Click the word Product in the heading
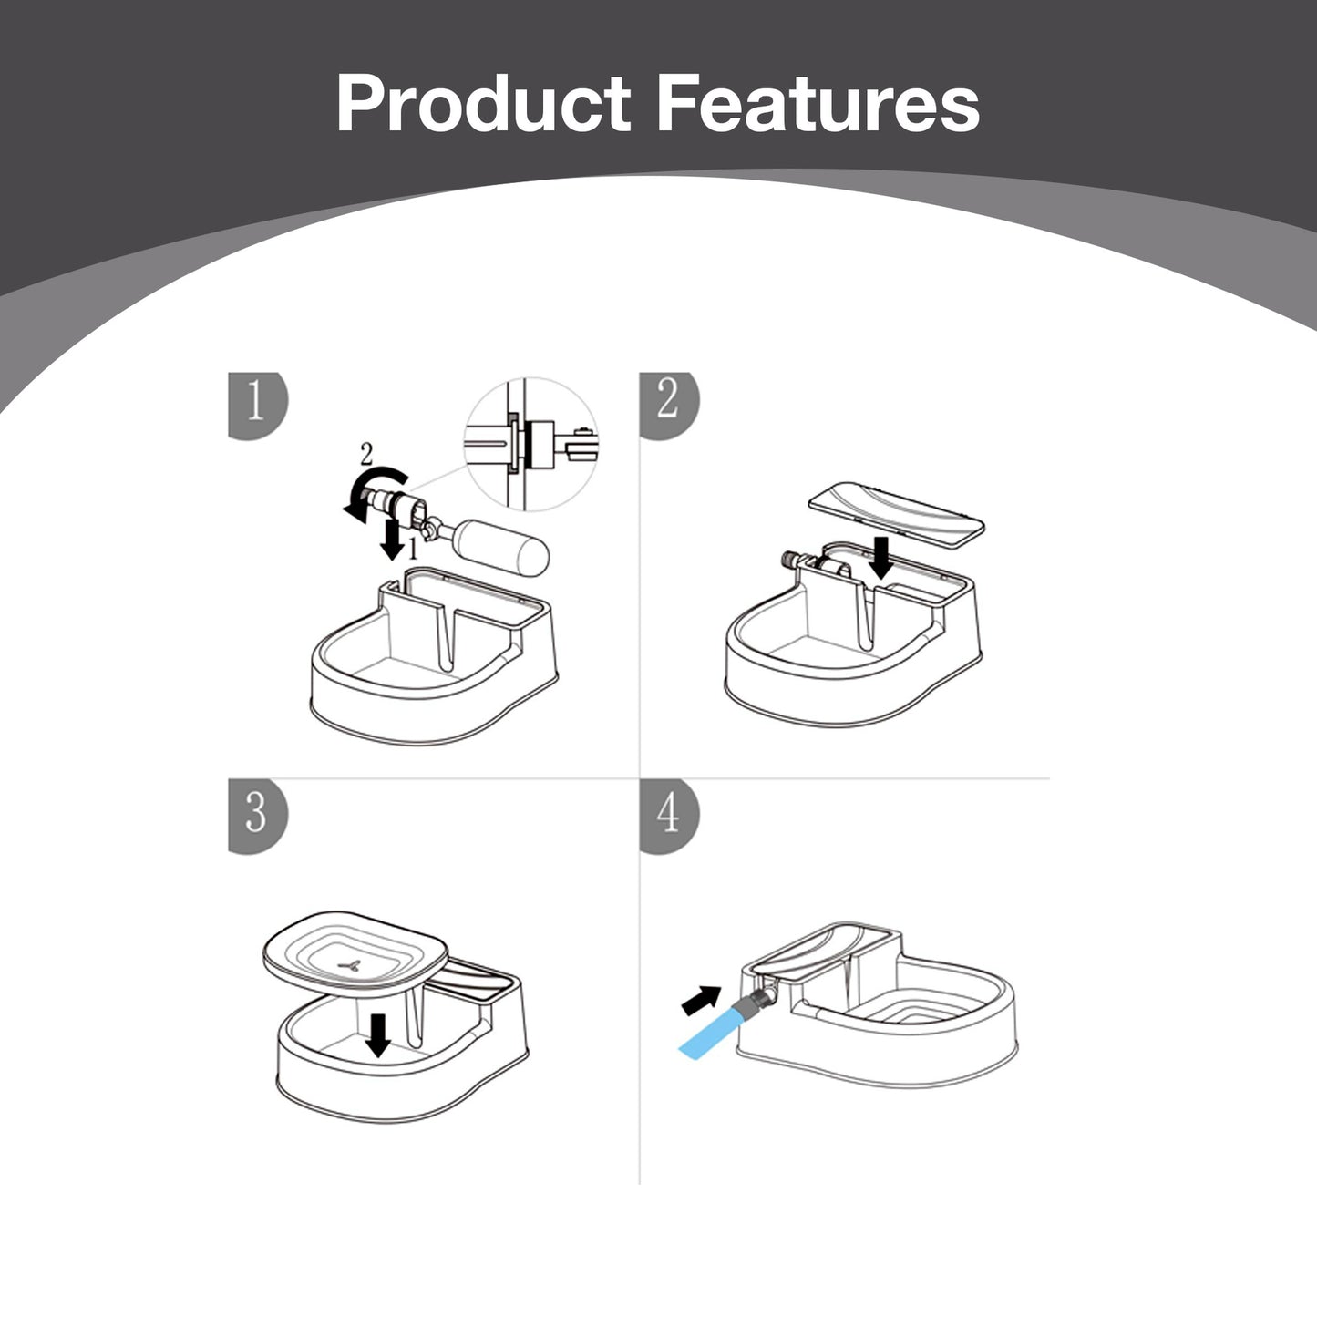pos(482,103)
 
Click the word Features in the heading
pos(818,103)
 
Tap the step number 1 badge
pos(258,406)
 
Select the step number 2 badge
pos(669,406)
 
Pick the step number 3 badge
pos(258,816)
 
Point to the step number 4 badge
pos(669,816)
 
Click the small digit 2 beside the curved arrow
pos(367,454)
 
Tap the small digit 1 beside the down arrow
pos(412,548)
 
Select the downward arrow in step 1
pos(392,540)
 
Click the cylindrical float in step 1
pos(499,547)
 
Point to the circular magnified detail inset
pos(531,444)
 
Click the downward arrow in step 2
pos(882,558)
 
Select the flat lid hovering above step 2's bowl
pos(897,513)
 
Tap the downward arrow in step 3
pos(377,1035)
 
